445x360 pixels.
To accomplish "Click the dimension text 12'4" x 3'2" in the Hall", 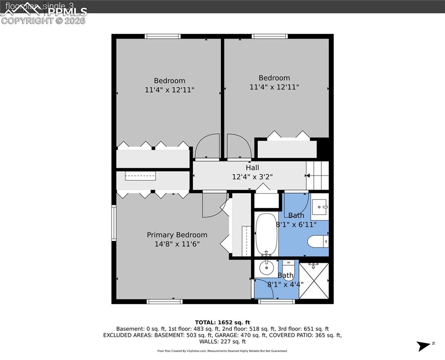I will [252, 177].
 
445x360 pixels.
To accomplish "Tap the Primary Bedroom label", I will [177, 235].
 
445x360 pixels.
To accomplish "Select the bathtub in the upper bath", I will [267, 234].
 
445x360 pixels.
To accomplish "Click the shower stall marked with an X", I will [314, 280].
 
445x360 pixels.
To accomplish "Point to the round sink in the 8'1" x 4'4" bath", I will [267, 269].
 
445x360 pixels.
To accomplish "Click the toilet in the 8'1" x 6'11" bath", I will [318, 242].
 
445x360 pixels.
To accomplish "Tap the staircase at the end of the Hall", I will [318, 175].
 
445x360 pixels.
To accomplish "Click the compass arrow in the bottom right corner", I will [424, 346].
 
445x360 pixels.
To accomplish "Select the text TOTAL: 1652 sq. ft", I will [222, 322].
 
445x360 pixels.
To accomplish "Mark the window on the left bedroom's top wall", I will [163, 36].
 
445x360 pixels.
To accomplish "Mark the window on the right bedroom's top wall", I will [269, 36].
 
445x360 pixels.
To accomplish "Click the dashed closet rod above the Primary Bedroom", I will [140, 176].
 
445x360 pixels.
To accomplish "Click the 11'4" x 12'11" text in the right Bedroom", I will [274, 87].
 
